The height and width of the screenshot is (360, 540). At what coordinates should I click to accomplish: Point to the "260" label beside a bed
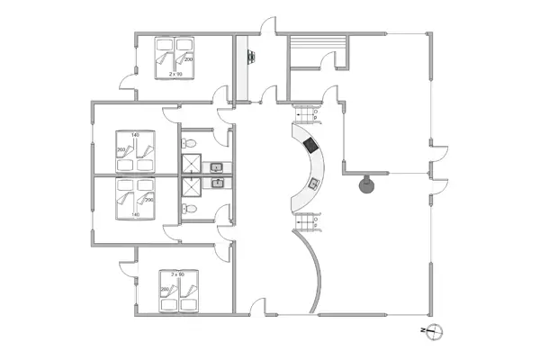tap(121, 150)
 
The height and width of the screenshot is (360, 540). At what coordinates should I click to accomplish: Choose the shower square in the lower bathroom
tap(192, 187)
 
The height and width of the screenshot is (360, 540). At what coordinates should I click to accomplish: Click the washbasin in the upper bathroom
tap(216, 166)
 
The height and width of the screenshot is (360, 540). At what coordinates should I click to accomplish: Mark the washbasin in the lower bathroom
tap(216, 184)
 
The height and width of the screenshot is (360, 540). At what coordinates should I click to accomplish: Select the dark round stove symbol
tap(365, 186)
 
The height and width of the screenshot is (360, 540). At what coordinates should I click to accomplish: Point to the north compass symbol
tap(432, 330)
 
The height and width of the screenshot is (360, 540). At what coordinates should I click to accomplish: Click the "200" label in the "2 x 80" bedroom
tap(165, 290)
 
